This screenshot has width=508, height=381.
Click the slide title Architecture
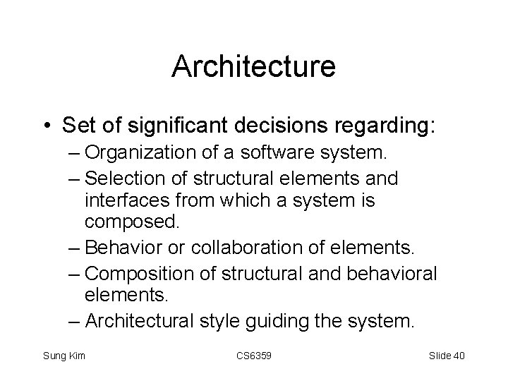[x=254, y=67]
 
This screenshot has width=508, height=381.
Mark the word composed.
[x=133, y=223]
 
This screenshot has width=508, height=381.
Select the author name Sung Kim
[x=64, y=355]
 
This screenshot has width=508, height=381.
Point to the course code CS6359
[x=254, y=355]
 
